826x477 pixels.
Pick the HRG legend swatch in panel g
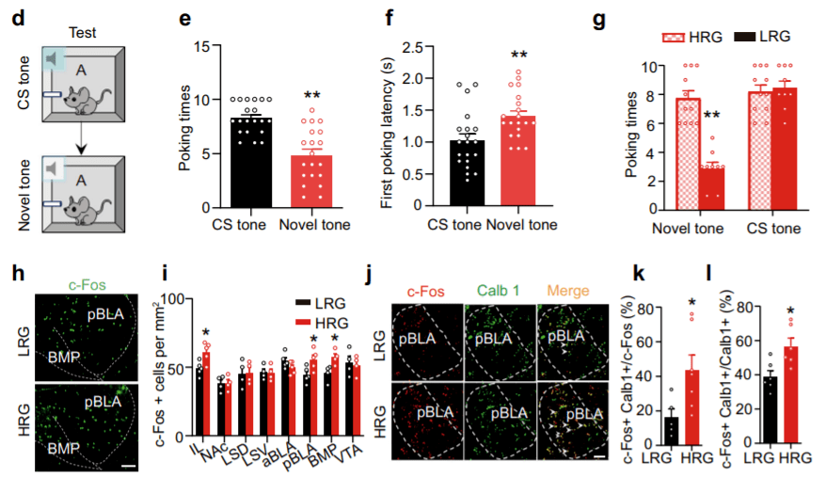click(x=685, y=38)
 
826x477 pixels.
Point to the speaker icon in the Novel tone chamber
click(x=56, y=170)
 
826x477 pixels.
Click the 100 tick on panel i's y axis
click(x=177, y=298)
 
